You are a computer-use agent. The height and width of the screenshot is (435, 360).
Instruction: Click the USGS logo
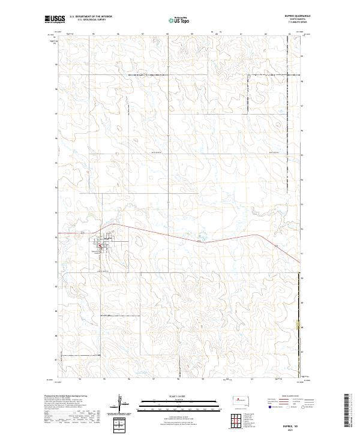(55, 19)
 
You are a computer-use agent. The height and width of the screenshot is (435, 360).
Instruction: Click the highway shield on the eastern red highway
(276, 246)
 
